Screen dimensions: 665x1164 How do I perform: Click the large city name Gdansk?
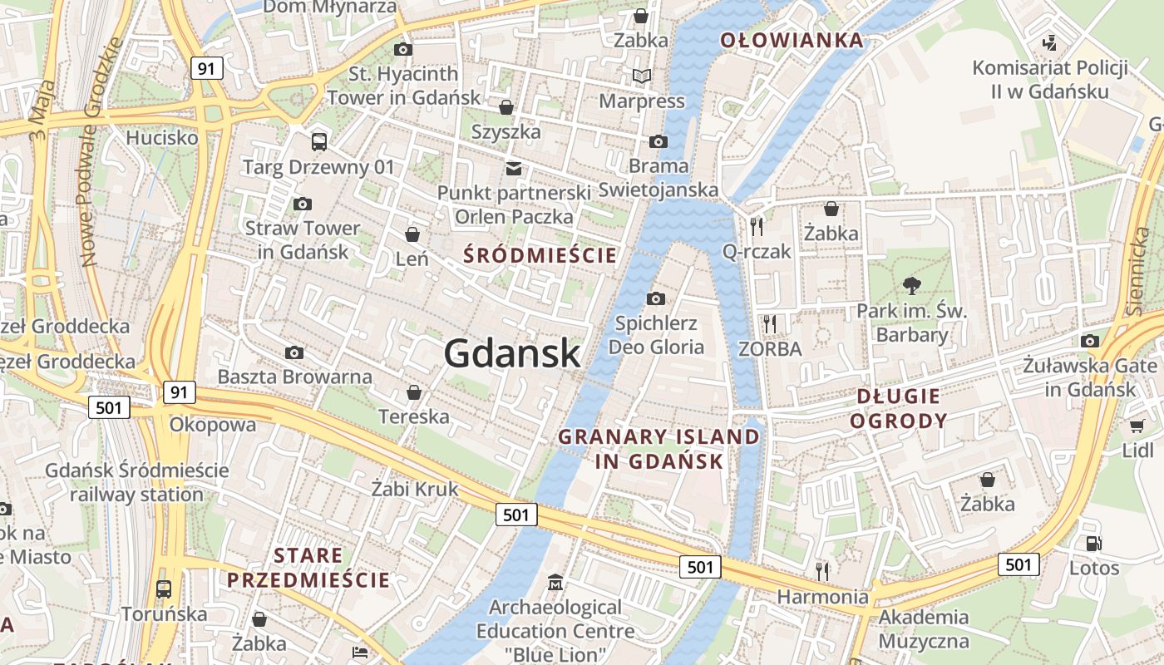(511, 354)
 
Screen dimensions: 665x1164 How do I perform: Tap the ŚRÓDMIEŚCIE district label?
(540, 255)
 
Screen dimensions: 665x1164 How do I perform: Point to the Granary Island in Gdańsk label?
(658, 449)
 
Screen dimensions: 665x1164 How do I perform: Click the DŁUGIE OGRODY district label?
(897, 408)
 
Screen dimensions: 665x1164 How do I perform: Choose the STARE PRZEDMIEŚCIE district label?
(308, 568)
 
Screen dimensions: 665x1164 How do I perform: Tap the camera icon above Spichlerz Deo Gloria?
(656, 298)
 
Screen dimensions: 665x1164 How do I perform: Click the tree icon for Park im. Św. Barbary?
(912, 286)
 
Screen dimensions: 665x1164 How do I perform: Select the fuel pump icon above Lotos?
(1094, 544)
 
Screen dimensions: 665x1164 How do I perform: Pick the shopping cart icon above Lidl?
(1137, 426)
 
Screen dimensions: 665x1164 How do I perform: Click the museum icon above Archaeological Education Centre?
(555, 582)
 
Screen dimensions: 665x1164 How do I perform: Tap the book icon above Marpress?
(642, 76)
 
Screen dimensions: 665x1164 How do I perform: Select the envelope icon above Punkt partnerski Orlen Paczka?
(514, 169)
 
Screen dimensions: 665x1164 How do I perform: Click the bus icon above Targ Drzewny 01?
(319, 141)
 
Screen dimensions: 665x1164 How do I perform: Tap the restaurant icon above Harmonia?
(822, 571)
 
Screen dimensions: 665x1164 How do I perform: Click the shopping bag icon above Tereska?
(413, 392)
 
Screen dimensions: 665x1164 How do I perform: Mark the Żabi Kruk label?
(415, 489)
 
